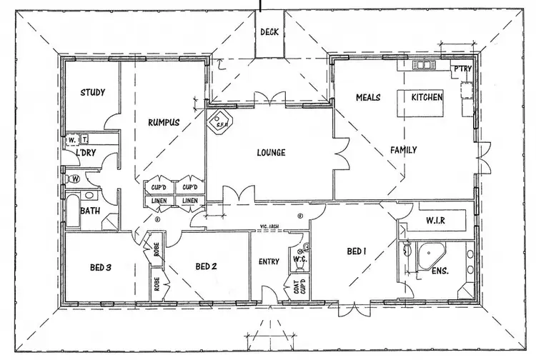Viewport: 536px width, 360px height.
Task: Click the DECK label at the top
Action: [x=269, y=32]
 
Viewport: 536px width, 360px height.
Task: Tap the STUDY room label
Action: [x=93, y=93]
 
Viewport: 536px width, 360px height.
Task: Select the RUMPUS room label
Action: [x=164, y=122]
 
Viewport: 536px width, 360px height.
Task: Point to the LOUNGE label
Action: [x=272, y=152]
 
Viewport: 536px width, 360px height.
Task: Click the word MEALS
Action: [x=368, y=97]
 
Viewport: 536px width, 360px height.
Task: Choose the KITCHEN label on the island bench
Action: [x=427, y=97]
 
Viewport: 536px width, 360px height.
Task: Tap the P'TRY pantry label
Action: [x=460, y=69]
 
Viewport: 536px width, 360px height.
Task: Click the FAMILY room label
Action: [x=403, y=150]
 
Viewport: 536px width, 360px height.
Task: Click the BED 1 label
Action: [x=357, y=251]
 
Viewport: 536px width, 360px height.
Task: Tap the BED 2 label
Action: [x=206, y=266]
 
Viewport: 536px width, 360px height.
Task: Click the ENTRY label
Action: [x=268, y=262]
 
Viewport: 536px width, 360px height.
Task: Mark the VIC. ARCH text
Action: [x=269, y=228]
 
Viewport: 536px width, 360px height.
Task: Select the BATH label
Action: [x=90, y=211]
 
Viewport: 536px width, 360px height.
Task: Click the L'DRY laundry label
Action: [x=87, y=154]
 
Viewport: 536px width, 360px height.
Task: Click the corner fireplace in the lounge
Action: [x=218, y=122]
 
